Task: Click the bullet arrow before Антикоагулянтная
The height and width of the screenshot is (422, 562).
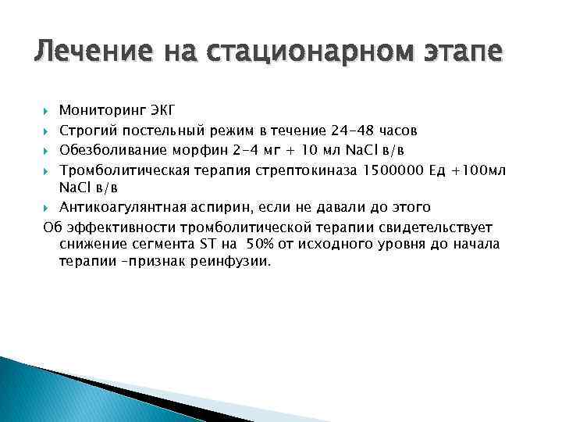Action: (47, 208)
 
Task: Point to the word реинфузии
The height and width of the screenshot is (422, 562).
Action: (236, 263)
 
